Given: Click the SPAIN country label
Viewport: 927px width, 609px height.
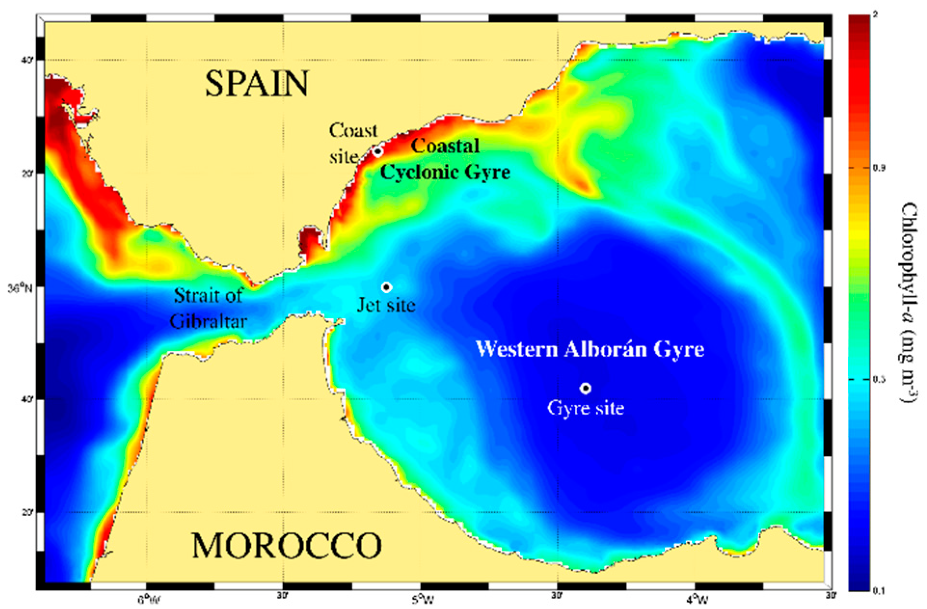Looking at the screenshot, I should point(256,83).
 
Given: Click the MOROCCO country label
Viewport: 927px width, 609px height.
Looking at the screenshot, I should point(286,545).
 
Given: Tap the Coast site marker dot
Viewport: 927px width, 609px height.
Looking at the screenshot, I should point(378,151).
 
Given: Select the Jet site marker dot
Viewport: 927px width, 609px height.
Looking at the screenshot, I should point(386,287).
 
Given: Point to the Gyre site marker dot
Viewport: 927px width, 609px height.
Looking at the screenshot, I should point(585,388).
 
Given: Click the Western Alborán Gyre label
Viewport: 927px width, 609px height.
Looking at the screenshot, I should point(590,349).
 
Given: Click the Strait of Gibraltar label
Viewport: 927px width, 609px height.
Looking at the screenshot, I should point(208,309).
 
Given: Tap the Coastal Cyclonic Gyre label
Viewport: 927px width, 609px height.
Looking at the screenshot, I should point(444,159).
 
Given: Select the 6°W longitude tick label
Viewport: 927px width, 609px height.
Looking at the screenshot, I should point(149,599).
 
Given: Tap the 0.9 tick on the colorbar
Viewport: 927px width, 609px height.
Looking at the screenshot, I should point(879,168).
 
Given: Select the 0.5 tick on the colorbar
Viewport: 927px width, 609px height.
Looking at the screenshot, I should point(879,379).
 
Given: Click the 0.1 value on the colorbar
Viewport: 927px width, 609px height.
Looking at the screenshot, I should point(879,591).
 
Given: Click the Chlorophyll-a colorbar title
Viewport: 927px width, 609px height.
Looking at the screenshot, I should point(909,303).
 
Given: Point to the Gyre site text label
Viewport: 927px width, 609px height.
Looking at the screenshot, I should point(586,408).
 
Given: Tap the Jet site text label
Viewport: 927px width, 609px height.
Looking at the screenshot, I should point(386,305).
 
